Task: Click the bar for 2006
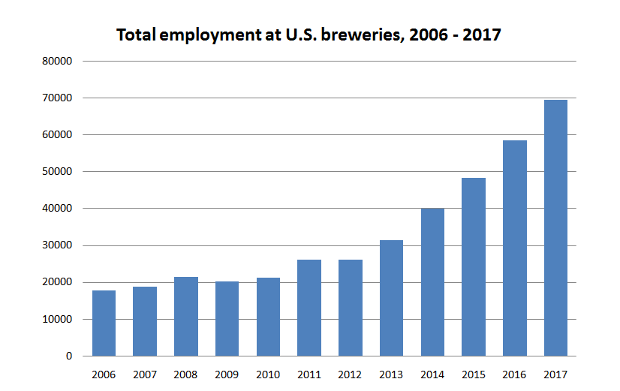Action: click(104, 323)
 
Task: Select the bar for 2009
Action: click(227, 318)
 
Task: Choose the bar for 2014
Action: click(432, 281)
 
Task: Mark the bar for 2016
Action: click(514, 248)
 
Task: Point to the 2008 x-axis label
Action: click(185, 373)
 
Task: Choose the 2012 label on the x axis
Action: click(350, 373)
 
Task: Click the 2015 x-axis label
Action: click(473, 373)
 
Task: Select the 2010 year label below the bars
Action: click(268, 373)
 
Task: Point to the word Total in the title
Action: click(137, 35)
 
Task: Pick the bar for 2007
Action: click(145, 321)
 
